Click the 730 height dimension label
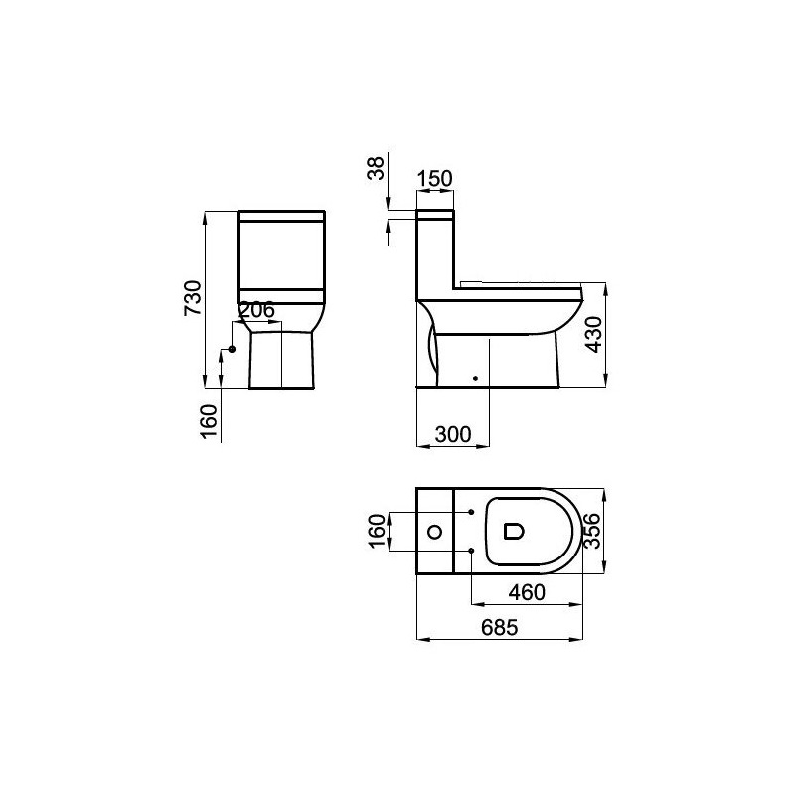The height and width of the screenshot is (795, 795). [193, 297]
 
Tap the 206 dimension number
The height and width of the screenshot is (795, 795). [256, 310]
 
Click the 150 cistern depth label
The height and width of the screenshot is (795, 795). [435, 179]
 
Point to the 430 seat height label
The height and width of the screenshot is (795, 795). [593, 334]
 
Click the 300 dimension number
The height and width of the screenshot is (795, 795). [453, 434]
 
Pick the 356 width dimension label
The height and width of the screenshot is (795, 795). [592, 531]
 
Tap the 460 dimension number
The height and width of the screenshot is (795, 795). [527, 592]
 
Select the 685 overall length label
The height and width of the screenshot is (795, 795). [500, 628]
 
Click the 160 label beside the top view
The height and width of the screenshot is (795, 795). [377, 531]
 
